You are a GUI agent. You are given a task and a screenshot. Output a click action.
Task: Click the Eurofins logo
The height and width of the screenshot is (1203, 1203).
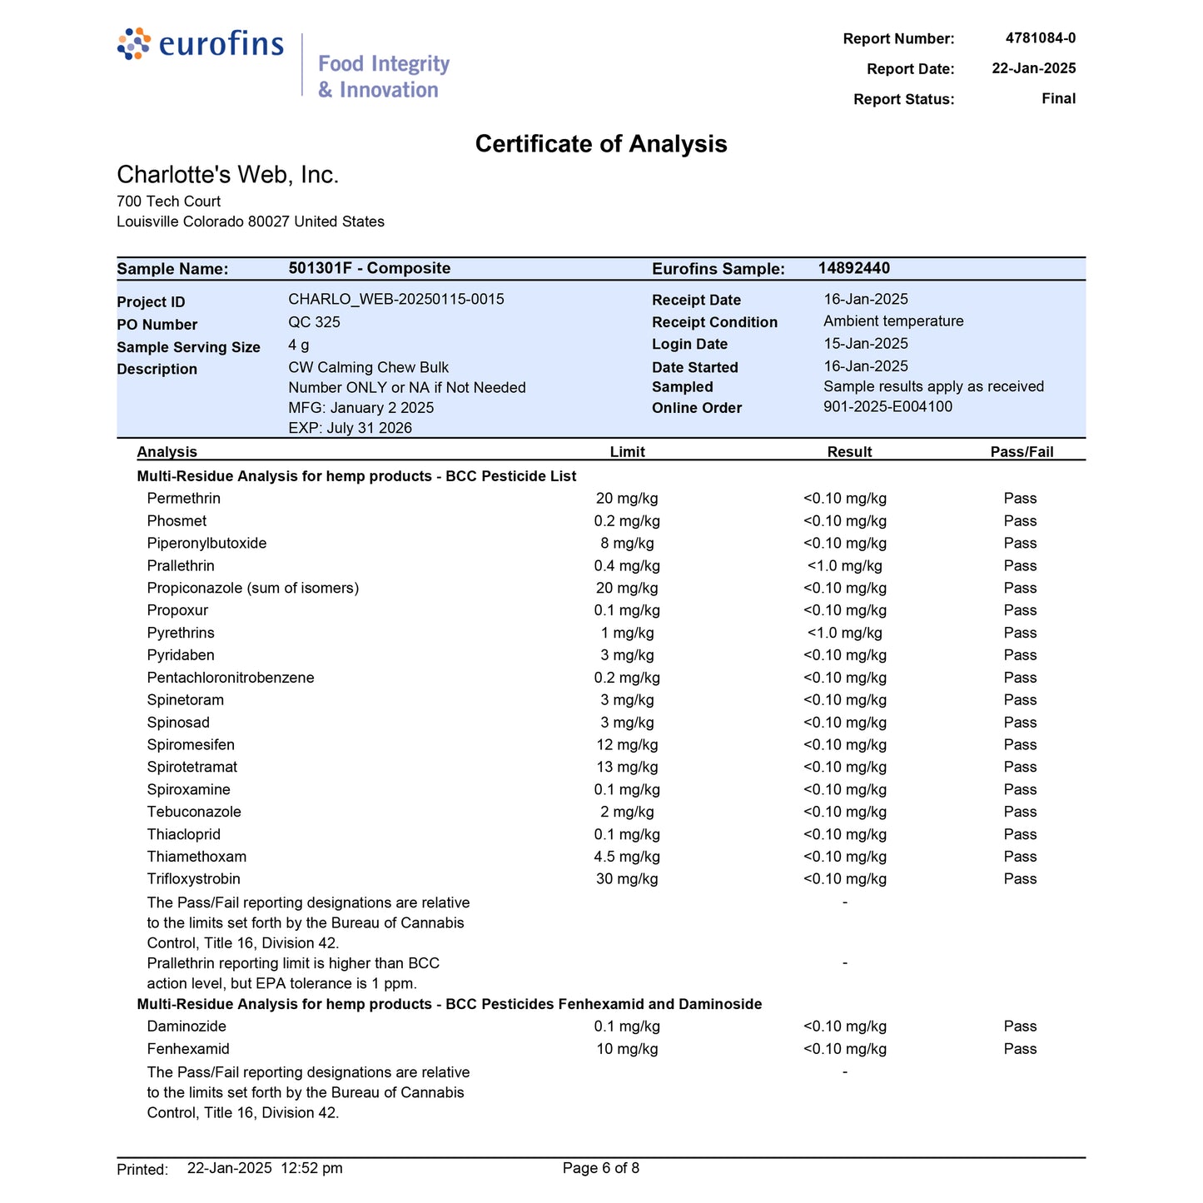click(201, 44)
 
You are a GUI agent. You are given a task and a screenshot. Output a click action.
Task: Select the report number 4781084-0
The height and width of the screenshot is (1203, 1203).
click(1040, 38)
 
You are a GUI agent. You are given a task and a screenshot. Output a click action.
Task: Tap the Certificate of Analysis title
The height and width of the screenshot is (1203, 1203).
click(600, 144)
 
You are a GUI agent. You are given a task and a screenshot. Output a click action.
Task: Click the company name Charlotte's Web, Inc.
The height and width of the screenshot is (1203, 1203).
click(227, 175)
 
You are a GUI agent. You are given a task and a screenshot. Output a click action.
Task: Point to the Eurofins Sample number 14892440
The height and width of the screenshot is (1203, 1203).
click(853, 268)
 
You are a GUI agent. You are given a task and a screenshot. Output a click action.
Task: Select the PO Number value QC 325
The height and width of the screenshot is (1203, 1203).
click(314, 322)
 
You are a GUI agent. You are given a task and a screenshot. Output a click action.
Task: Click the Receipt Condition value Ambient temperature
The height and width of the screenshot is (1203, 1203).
click(893, 321)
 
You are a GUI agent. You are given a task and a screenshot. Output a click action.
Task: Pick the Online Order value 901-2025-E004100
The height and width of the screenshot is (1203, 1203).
click(887, 407)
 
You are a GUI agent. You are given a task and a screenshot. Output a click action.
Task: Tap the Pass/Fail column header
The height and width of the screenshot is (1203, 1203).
click(1022, 452)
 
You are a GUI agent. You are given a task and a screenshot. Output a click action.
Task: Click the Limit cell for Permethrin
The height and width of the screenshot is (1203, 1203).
click(627, 499)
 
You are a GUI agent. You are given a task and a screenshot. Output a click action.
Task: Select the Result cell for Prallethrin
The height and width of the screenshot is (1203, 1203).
click(844, 566)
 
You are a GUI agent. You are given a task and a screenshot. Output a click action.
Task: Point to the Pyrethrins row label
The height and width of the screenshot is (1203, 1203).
click(181, 634)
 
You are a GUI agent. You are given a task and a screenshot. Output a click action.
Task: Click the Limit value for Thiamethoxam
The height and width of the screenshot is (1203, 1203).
click(627, 857)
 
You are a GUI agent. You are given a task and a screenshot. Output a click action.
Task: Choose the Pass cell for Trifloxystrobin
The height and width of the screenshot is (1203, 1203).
click(1020, 879)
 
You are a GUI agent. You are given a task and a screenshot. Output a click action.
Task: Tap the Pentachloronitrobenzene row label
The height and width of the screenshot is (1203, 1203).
click(231, 678)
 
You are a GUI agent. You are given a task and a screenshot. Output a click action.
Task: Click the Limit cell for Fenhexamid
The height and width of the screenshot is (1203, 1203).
click(627, 1050)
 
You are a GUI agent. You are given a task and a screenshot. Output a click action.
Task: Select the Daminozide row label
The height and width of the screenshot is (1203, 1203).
click(186, 1027)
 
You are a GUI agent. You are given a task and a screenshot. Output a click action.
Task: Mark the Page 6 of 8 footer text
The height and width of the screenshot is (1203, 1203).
click(600, 1168)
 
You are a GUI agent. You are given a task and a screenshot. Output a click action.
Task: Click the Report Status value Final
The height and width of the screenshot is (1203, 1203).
click(1058, 99)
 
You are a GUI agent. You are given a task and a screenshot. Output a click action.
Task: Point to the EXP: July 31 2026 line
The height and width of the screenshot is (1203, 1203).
click(350, 428)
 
